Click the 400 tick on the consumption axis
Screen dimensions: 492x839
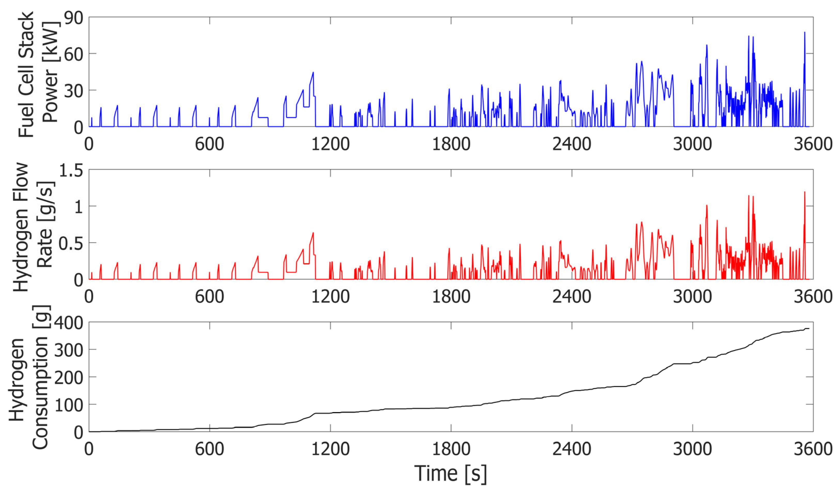69,323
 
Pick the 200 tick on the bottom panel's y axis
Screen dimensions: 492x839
69,378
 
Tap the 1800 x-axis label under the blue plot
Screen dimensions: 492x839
451,145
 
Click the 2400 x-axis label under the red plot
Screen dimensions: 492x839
572,297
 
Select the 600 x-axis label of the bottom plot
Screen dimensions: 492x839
209,449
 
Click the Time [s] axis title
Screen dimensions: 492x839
450,473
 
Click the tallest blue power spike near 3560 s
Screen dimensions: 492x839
805,33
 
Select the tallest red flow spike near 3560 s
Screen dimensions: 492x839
805,192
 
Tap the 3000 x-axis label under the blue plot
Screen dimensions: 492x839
692,145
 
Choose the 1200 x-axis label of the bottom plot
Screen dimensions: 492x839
330,449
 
